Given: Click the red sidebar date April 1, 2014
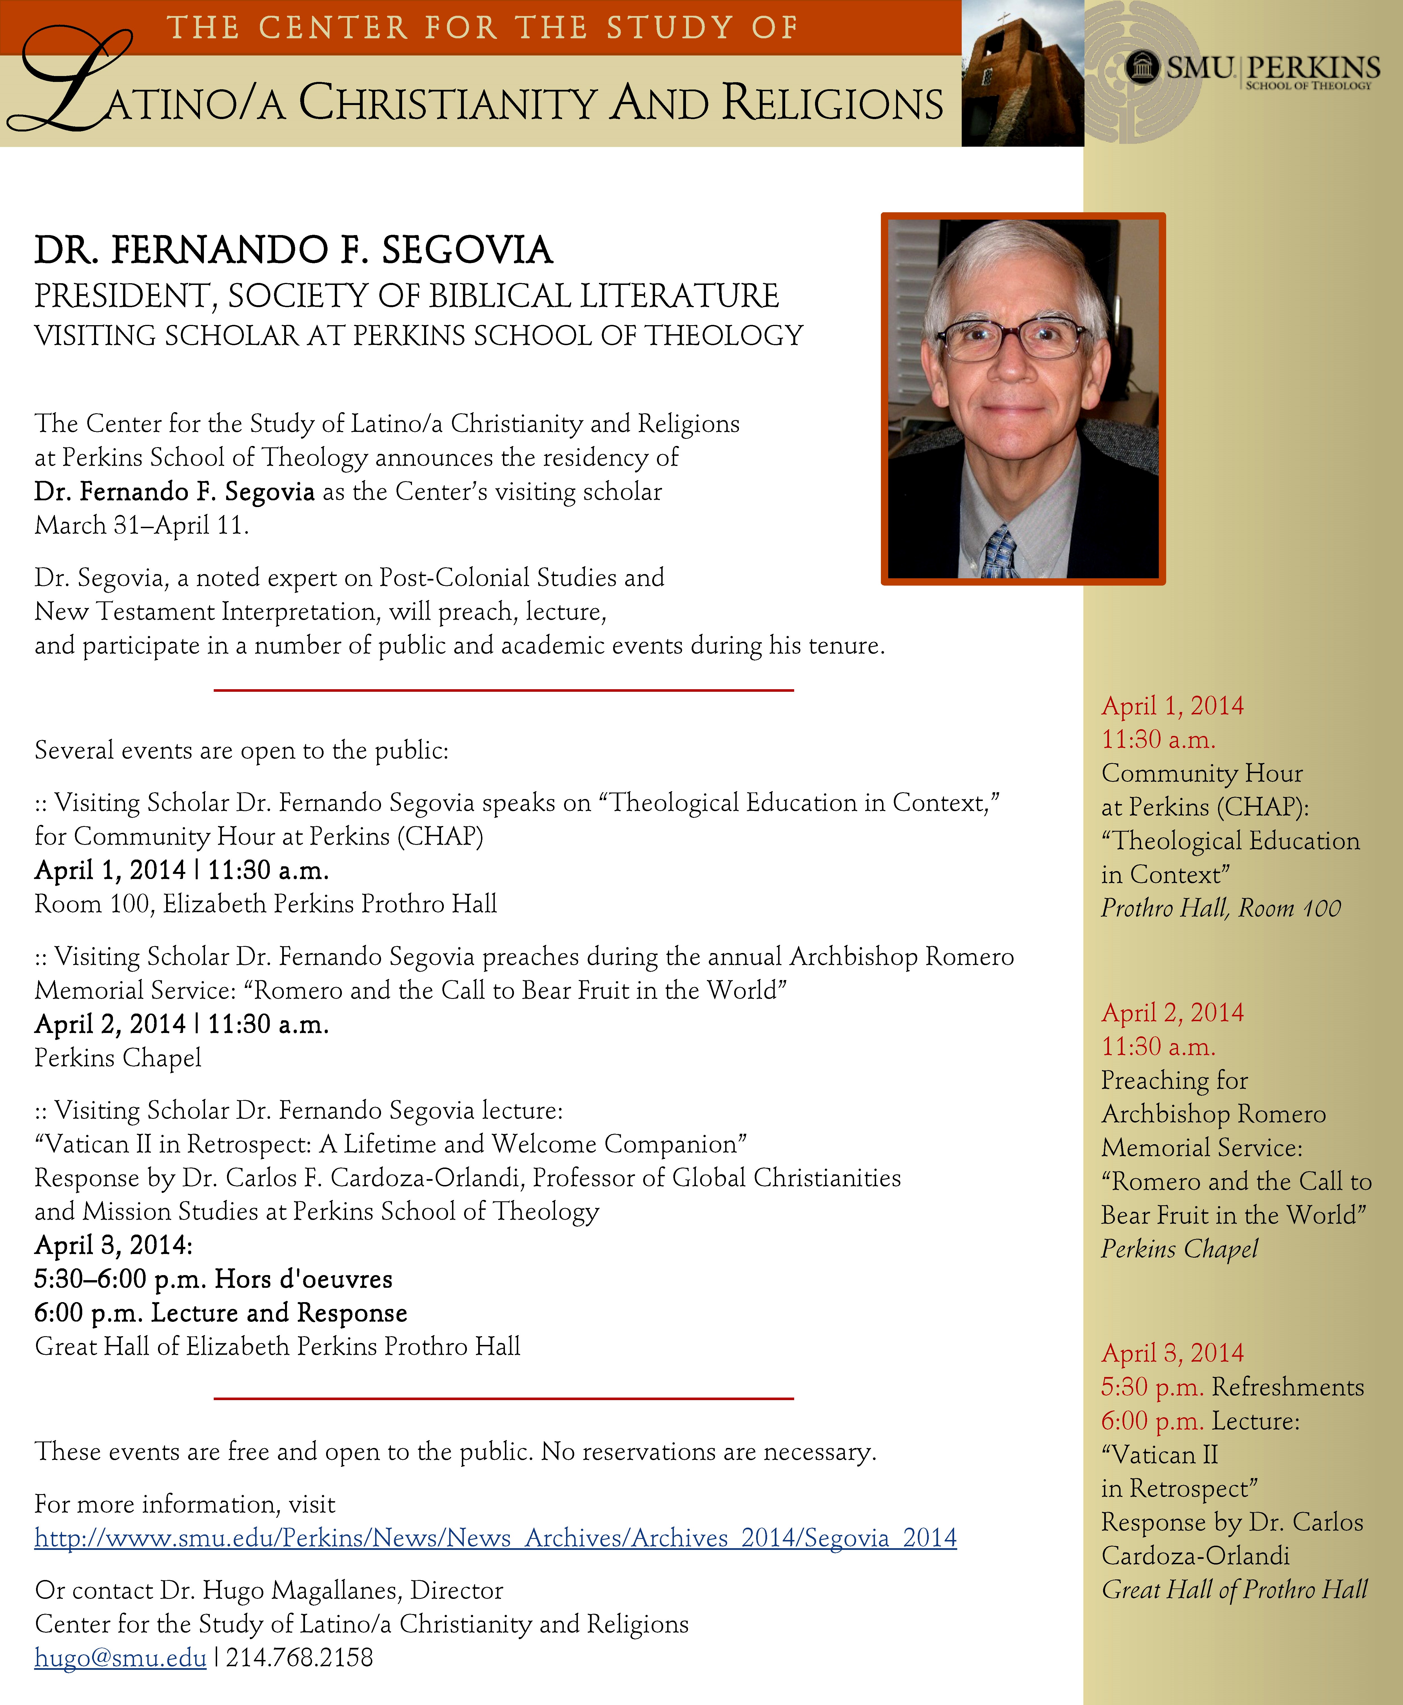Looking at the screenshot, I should click(1172, 706).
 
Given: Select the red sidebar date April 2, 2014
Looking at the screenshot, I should click(1172, 1012).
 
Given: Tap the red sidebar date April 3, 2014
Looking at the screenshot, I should click(1172, 1353).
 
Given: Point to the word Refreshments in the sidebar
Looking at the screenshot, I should click(1288, 1387).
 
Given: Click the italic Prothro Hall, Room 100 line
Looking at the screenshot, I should click(1220, 908).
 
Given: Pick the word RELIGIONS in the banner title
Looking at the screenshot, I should click(832, 103).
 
